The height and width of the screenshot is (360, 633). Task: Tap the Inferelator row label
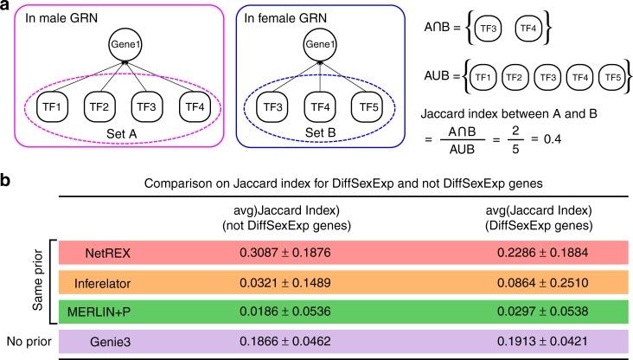coord(108,282)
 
